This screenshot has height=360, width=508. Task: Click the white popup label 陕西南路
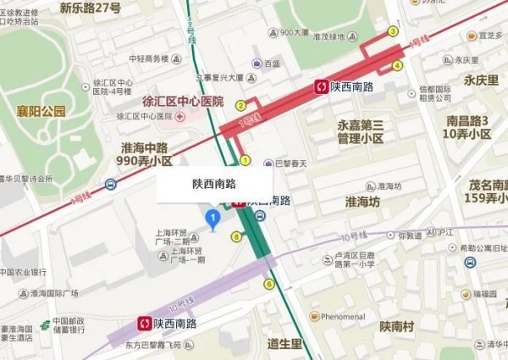(x=214, y=183)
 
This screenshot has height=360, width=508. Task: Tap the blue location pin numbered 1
(x=214, y=220)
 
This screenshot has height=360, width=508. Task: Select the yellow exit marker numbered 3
(x=393, y=31)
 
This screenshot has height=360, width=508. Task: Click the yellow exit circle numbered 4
(x=397, y=65)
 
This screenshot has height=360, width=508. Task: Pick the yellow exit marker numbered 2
(x=240, y=106)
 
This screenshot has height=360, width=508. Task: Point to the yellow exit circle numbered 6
(x=269, y=284)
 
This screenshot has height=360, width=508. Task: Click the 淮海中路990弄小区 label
(x=146, y=153)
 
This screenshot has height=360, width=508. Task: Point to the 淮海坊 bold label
(x=362, y=202)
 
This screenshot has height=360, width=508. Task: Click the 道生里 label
(x=284, y=343)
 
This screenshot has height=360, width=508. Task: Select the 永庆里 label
(x=480, y=80)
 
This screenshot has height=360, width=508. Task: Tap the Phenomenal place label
(x=342, y=316)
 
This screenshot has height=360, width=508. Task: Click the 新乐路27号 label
(x=91, y=8)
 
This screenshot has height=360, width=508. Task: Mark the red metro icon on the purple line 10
(x=147, y=324)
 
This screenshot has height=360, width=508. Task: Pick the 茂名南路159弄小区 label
(x=478, y=191)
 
